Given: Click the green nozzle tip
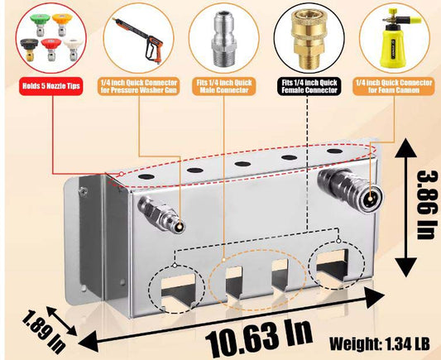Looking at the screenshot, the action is (x=40, y=24).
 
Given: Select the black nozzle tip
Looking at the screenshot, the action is (x=29, y=49).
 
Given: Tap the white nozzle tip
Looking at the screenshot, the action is (x=73, y=49).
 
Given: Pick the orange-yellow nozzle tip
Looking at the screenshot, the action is (x=62, y=25).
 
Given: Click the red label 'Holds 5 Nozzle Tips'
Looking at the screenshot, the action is (x=51, y=86).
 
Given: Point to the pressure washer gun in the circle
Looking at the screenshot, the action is (x=138, y=40).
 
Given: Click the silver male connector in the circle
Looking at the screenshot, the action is (x=223, y=39).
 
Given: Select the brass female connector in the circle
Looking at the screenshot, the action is (x=309, y=39).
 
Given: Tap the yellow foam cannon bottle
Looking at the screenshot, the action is (x=393, y=39).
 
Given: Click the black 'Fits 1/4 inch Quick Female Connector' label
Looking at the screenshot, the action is (x=309, y=86).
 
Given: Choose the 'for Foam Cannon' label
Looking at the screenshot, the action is (x=394, y=90).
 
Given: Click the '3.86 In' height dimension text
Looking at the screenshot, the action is (x=427, y=204).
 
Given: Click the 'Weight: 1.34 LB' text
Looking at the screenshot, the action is (x=380, y=343).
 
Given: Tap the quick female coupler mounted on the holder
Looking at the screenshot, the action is (x=350, y=189).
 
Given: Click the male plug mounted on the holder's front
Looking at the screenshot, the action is (x=161, y=214).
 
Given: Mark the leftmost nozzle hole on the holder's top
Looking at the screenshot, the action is (x=146, y=177).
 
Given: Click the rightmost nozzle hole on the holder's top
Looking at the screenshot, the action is (x=335, y=151).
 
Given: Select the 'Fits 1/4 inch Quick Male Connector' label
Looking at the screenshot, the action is (x=224, y=86).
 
